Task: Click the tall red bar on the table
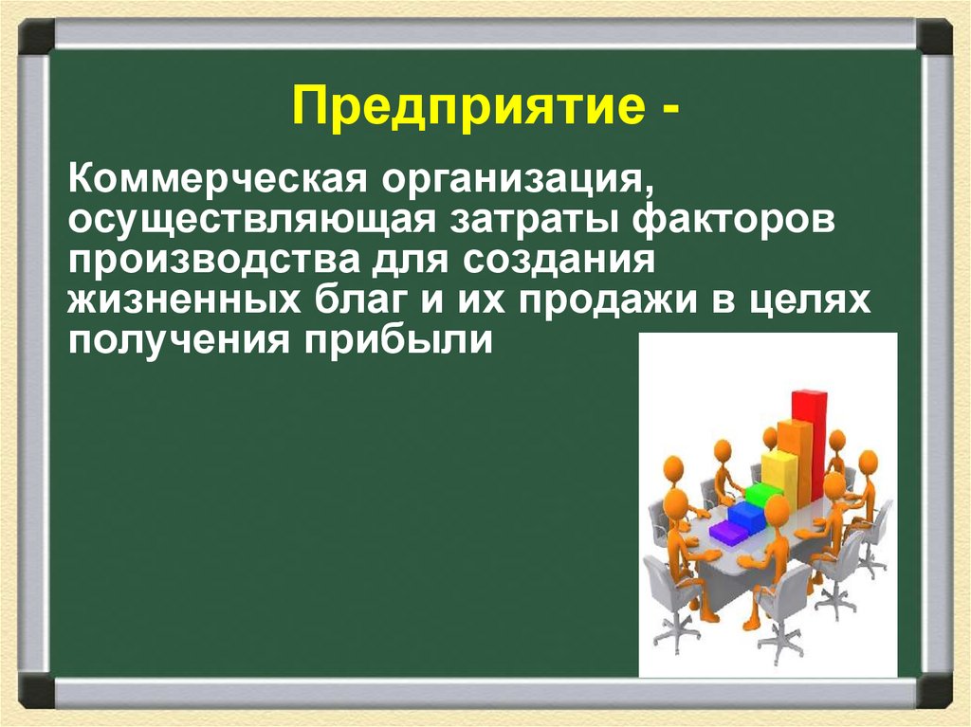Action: [x=809, y=445]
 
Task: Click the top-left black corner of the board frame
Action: [x=37, y=36]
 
